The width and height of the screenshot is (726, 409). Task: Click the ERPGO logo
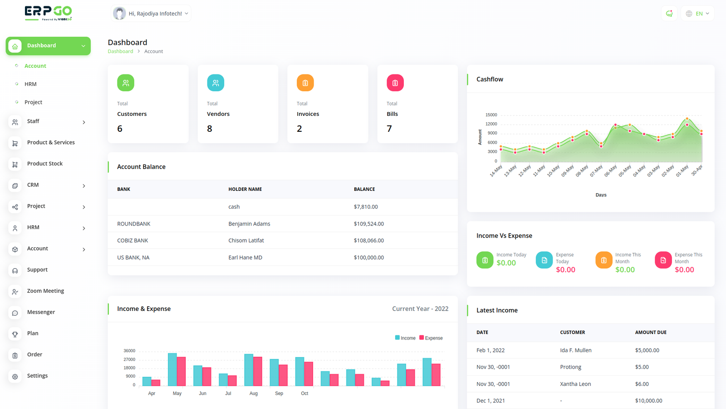pyautogui.click(x=48, y=13)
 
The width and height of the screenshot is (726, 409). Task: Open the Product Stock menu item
pyautogui.click(x=45, y=164)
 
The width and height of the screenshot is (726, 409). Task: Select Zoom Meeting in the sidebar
pyautogui.click(x=45, y=291)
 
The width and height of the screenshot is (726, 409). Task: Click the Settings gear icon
pyautogui.click(x=15, y=377)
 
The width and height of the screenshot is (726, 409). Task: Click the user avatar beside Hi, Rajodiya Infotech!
pyautogui.click(x=119, y=13)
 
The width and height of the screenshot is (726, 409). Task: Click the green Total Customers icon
pyautogui.click(x=126, y=83)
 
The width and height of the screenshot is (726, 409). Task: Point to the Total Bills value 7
pyautogui.click(x=389, y=129)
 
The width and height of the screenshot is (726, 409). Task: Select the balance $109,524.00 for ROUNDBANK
pyautogui.click(x=369, y=224)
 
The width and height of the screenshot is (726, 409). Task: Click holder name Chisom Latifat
pyautogui.click(x=246, y=240)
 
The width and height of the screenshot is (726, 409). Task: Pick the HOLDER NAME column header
pyautogui.click(x=245, y=189)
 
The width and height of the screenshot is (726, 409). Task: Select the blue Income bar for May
pyautogui.click(x=172, y=369)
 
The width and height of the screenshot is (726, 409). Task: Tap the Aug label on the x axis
pyautogui.click(x=254, y=393)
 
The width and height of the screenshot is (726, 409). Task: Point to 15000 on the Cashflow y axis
pyautogui.click(x=491, y=115)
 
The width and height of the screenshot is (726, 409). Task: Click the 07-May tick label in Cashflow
pyautogui.click(x=596, y=171)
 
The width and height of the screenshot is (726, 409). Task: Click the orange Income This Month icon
pyautogui.click(x=604, y=260)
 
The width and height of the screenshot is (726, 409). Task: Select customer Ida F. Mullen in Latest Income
pyautogui.click(x=576, y=350)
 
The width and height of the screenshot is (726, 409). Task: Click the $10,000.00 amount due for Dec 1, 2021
pyautogui.click(x=648, y=400)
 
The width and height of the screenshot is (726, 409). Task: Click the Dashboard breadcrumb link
pyautogui.click(x=120, y=51)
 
